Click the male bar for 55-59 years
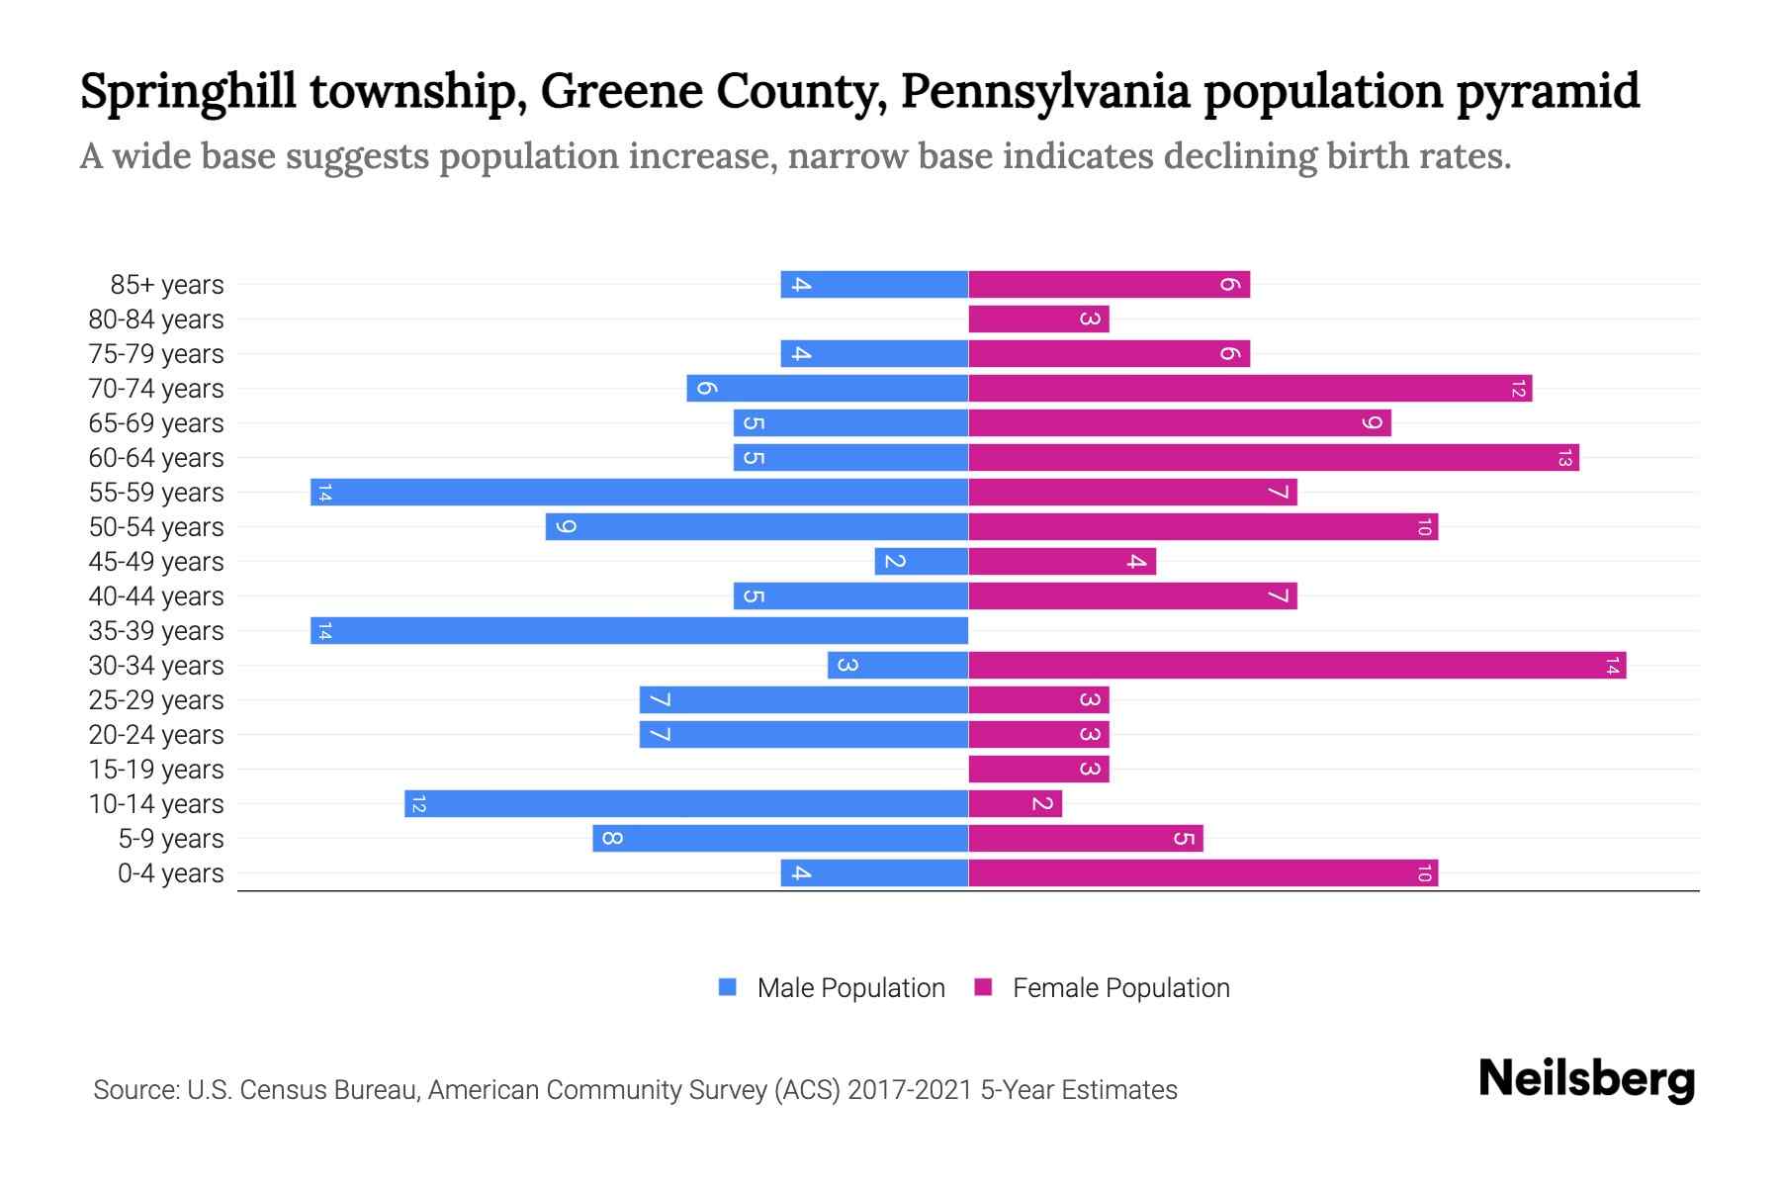click(639, 492)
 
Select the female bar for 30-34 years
click(1296, 665)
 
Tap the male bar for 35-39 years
click(639, 630)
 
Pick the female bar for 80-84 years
click(1038, 319)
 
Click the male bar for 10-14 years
click(686, 803)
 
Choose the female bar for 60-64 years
click(1274, 457)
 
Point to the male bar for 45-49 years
click(921, 561)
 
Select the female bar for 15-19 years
click(1038, 769)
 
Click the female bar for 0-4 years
click(1202, 872)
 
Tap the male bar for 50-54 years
click(756, 526)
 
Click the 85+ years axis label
click(166, 285)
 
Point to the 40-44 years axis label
click(156, 596)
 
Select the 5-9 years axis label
click(170, 839)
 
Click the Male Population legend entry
click(849, 987)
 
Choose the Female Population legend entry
click(1120, 987)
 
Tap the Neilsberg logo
click(1586, 1078)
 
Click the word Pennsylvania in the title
click(1044, 91)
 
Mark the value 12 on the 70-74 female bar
click(1518, 389)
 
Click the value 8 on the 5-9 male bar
click(612, 839)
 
